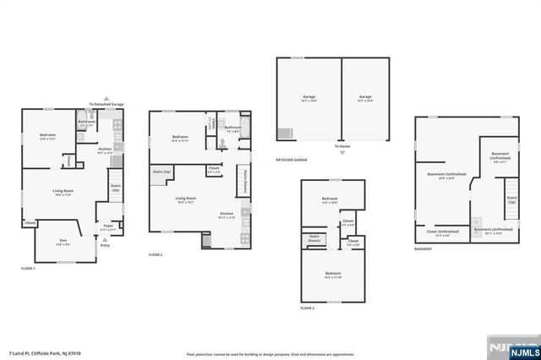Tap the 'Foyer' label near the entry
tap(109, 226)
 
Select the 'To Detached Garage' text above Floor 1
tap(107, 105)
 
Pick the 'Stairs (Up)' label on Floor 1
tap(116, 187)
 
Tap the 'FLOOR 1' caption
tap(28, 268)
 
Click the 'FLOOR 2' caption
tap(155, 254)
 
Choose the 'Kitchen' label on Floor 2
tap(227, 214)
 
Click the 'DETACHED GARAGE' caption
tap(291, 160)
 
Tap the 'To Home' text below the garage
tap(341, 147)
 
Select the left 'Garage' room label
tap(309, 97)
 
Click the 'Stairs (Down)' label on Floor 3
tap(314, 237)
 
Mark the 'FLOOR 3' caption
tap(308, 308)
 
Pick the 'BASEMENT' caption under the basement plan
tap(424, 249)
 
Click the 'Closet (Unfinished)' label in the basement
tap(443, 232)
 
